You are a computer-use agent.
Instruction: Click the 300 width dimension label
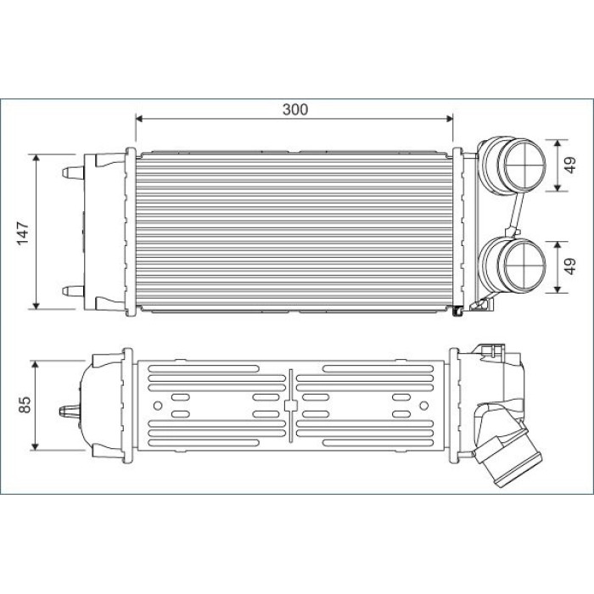[x=295, y=109]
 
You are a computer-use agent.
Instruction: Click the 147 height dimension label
[x=23, y=233]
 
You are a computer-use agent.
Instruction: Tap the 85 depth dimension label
[x=25, y=405]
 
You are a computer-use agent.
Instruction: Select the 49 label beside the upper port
[x=569, y=165]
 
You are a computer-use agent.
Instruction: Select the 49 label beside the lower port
[x=569, y=266]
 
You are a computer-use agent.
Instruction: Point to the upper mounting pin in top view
[x=73, y=172]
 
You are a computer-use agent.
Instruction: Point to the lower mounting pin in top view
[x=73, y=291]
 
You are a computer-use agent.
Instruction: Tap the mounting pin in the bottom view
[x=70, y=411]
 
